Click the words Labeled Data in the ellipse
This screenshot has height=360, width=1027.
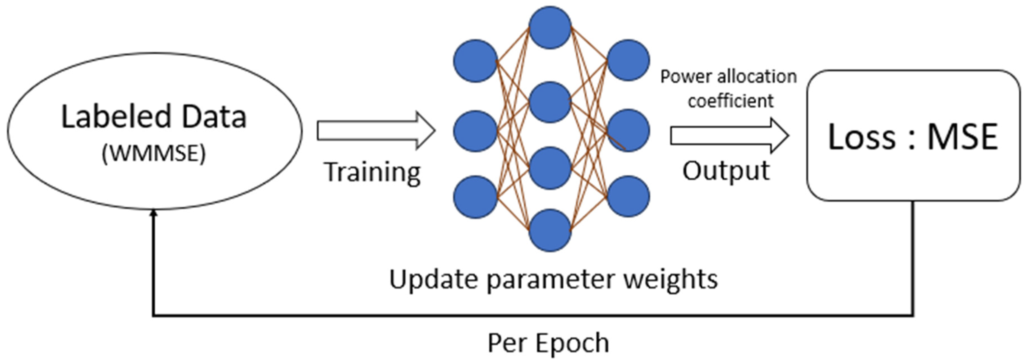[154, 117]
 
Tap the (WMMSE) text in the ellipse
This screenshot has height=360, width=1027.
[154, 153]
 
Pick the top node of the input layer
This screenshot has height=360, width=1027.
[475, 61]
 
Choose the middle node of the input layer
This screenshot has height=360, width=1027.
[475, 131]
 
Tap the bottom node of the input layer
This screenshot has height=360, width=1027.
[475, 197]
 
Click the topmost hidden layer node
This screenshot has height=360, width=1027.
[550, 27]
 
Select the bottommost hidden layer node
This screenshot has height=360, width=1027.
[550, 230]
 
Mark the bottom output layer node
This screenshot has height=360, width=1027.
[628, 196]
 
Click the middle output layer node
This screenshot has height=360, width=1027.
[628, 130]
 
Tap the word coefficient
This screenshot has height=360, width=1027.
[730, 101]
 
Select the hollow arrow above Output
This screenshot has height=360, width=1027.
[729, 136]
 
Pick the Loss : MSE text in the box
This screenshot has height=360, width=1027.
[913, 137]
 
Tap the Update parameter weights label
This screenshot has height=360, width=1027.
[553, 279]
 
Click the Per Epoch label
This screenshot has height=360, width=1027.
[548, 343]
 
